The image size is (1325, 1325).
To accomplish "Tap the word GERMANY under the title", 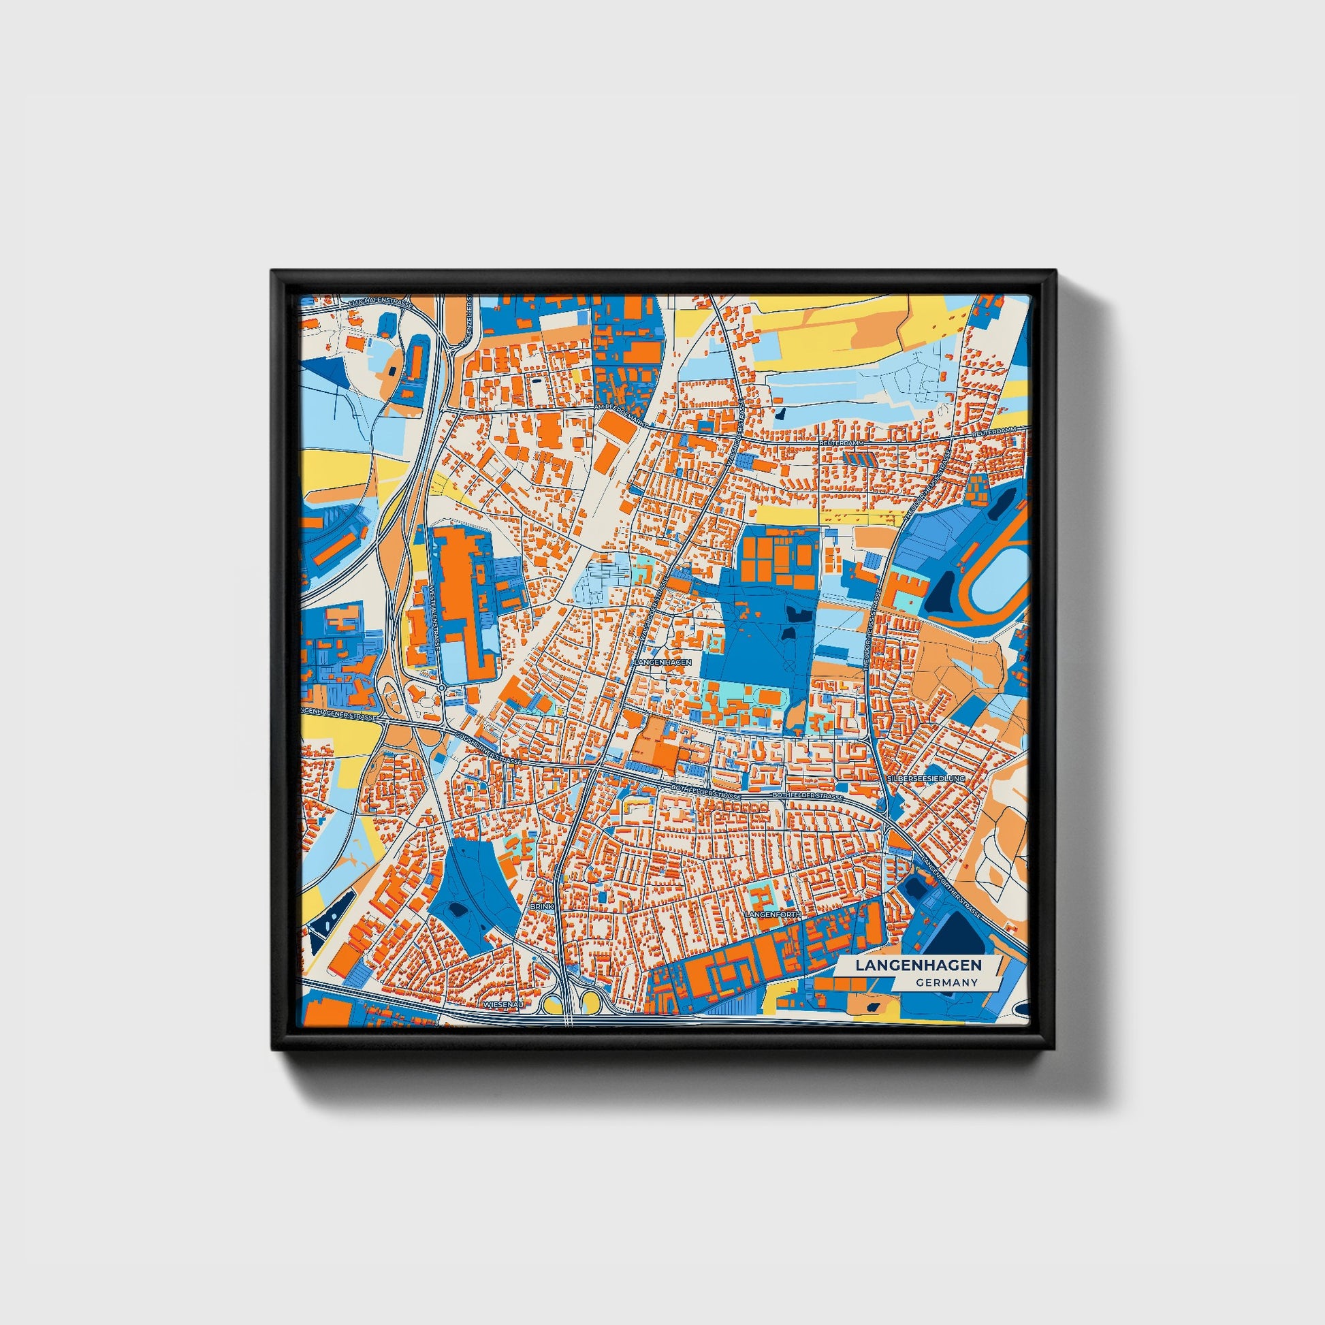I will [946, 983].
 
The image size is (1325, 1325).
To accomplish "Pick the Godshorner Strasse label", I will [489, 750].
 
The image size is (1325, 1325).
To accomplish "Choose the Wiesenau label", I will [503, 1004].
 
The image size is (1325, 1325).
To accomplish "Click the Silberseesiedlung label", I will [925, 779].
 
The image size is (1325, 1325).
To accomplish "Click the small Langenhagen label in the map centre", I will [663, 662].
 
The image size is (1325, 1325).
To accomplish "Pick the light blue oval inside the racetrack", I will [1000, 575].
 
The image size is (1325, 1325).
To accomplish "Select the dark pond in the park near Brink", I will [457, 909].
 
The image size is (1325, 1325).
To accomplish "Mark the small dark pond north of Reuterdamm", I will [781, 413].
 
